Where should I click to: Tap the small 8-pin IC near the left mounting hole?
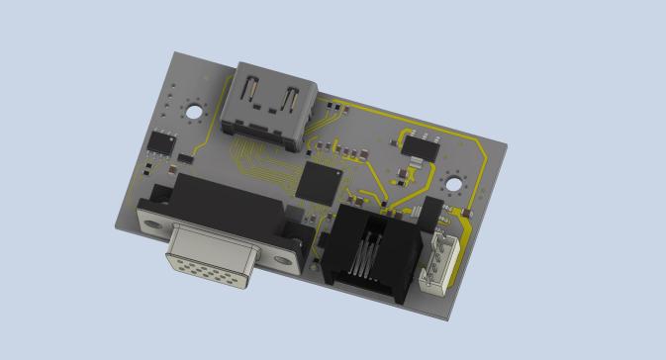tap(160, 141)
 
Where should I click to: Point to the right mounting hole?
tap(455, 182)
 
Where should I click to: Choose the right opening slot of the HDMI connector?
tap(292, 101)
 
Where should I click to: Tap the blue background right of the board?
tap(584, 198)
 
